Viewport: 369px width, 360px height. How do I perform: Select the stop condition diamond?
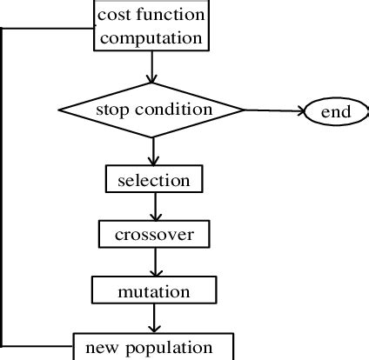click(152, 110)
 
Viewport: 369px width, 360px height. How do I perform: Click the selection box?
click(153, 181)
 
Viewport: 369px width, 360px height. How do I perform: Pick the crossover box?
click(153, 234)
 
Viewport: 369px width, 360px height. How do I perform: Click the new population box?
click(153, 346)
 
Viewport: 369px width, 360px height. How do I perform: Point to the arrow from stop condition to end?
click(273, 111)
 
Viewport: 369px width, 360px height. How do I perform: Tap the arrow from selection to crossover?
click(153, 207)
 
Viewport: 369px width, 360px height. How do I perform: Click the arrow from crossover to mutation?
click(153, 261)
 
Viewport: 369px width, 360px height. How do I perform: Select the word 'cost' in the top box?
click(114, 16)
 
